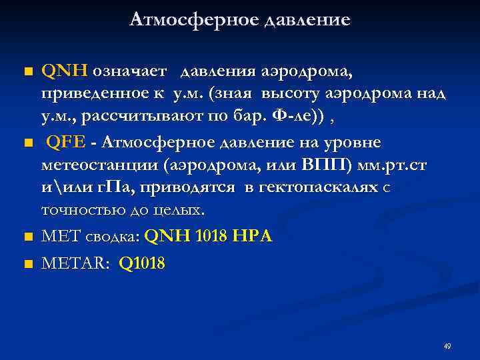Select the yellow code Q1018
coord(141,264)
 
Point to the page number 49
coord(447,347)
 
